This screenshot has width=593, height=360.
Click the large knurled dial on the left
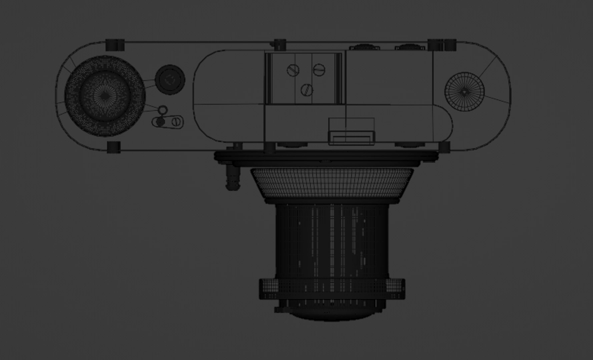click(x=104, y=96)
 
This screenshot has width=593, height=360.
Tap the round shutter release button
click(x=170, y=79)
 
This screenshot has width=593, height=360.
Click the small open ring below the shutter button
click(x=162, y=110)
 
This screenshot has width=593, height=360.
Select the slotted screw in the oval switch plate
click(x=176, y=122)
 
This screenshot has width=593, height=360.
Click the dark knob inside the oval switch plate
click(x=160, y=122)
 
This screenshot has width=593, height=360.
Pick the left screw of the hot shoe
click(x=293, y=70)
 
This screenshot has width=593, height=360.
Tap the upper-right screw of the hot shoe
click(x=319, y=69)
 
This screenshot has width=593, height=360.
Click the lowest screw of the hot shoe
click(x=307, y=89)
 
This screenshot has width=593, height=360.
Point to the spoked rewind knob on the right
click(x=464, y=91)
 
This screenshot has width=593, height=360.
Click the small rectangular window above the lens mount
click(x=352, y=138)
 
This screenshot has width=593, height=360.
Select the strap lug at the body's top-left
click(x=115, y=45)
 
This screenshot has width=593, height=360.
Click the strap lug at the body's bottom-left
click(x=113, y=147)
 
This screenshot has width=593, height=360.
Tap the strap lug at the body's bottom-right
click(x=444, y=147)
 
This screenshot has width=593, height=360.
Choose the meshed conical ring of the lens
click(x=332, y=183)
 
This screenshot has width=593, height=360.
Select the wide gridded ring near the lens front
click(x=332, y=289)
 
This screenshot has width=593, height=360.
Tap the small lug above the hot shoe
click(x=280, y=44)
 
